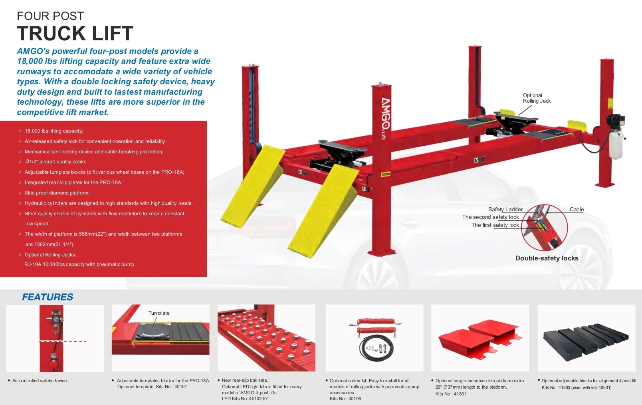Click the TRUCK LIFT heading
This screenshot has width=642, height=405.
pos(75,33)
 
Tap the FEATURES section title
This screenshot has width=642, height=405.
pos(48,297)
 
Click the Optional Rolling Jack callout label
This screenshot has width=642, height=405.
pos(536,98)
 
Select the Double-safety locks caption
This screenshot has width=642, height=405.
pos(547,258)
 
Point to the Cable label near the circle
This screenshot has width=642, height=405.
pos(577,210)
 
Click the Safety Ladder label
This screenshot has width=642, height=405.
pos(505,210)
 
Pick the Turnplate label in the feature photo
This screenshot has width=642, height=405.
pos(159,313)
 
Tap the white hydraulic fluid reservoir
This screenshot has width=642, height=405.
pos(616,145)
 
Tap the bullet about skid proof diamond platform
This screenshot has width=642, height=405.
pos(57,193)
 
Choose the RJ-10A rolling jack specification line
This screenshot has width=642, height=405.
pos(79,264)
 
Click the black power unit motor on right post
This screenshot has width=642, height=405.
pos(615,121)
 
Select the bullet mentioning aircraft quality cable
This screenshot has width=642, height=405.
pos(55,162)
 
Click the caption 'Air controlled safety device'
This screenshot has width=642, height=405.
pos(40,381)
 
